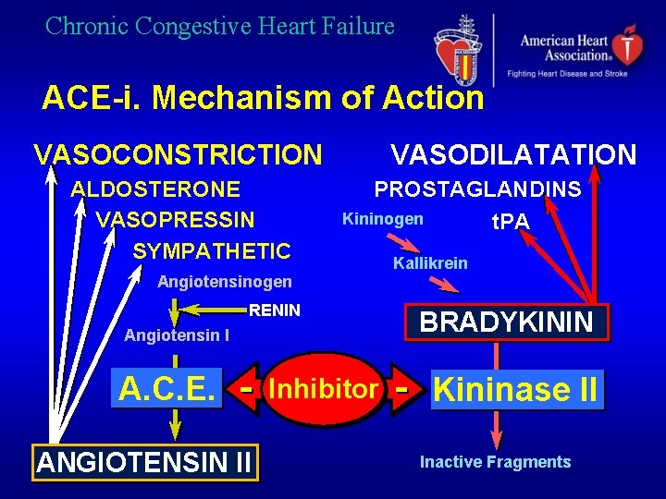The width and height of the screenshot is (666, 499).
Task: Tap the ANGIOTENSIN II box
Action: pos(145,461)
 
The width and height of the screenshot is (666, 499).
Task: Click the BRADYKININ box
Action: pos(507,323)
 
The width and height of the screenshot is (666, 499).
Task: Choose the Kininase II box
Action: pos(515,389)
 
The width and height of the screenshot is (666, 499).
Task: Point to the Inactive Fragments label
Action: pos(495,462)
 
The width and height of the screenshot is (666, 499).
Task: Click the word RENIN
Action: pos(275,310)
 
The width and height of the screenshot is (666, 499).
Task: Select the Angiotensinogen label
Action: pos(225,282)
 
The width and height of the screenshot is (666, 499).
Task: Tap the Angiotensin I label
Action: pos(177,335)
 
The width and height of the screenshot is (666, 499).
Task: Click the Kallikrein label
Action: pos(430,263)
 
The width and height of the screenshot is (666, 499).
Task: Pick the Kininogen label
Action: pos(382,219)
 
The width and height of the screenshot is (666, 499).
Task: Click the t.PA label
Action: pos(510,222)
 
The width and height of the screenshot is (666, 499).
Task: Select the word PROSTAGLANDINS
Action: pos(477,190)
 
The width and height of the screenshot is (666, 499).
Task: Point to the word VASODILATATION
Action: pos(513,154)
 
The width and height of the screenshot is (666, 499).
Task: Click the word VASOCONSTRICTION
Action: pos(178,154)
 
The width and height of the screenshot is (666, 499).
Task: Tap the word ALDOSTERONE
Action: pos(156,190)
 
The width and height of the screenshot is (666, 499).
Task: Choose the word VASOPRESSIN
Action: pos(175,220)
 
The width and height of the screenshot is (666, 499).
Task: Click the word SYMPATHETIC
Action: pos(212,251)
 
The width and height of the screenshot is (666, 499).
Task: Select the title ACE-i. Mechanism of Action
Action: pos(263,98)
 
